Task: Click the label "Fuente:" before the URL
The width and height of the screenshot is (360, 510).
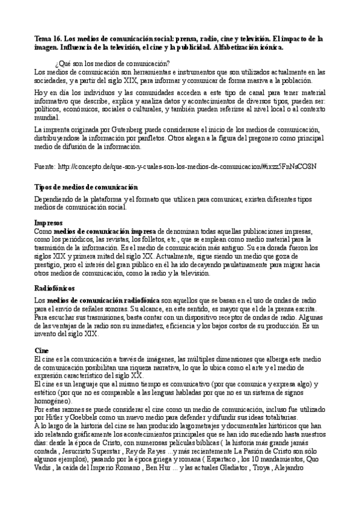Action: (46, 165)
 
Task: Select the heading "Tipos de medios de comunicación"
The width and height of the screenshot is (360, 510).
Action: (87, 188)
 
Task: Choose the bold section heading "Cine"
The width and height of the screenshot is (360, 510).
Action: (41, 350)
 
